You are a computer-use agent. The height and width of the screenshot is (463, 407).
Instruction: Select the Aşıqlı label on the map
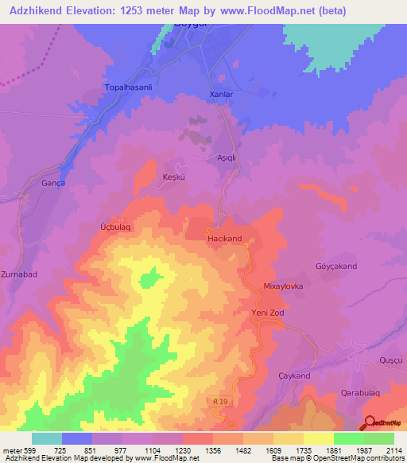coord(229,158)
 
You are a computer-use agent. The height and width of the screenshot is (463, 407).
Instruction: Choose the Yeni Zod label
coord(267,313)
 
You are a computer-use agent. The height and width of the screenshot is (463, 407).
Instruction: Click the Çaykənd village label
coord(295,375)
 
